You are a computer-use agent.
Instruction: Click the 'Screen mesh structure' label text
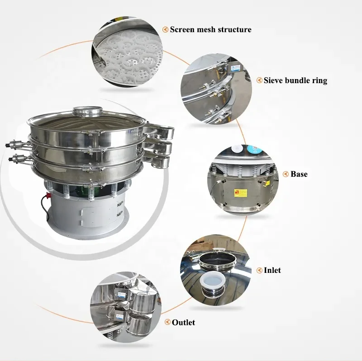210,30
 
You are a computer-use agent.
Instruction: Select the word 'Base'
299,174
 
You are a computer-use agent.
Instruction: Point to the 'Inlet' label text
272,270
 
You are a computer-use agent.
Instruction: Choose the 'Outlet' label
183,322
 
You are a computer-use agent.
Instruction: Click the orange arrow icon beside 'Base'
286,174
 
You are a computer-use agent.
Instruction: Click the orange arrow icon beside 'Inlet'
259,270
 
